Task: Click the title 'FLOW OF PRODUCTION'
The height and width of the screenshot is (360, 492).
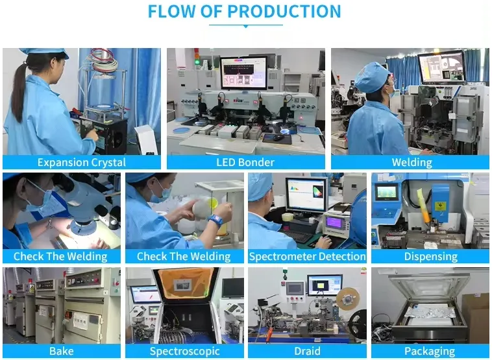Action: (x=244, y=12)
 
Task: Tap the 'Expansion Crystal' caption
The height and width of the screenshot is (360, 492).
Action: (x=81, y=162)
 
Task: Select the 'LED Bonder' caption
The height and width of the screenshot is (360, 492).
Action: (x=245, y=162)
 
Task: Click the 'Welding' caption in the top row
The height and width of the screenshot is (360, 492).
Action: (x=412, y=162)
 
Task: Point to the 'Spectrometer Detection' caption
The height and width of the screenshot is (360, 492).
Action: (x=307, y=256)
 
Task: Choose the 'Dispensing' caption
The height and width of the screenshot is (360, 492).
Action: (x=430, y=256)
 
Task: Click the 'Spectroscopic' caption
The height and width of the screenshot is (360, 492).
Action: (x=185, y=351)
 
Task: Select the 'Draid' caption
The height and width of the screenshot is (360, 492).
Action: (x=307, y=351)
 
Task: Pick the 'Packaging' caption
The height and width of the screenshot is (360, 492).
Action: (x=430, y=351)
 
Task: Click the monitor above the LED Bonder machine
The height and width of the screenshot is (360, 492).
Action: (x=243, y=72)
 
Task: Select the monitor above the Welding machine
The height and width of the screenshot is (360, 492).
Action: (x=441, y=67)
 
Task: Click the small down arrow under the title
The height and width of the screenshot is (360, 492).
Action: (x=245, y=26)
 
